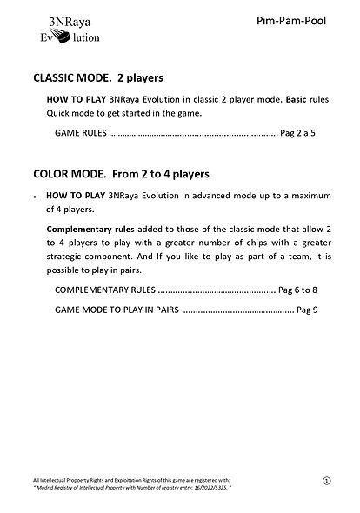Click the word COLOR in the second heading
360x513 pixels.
click(x=54, y=172)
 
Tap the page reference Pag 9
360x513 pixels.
click(x=308, y=310)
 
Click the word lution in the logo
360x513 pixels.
click(x=83, y=37)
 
